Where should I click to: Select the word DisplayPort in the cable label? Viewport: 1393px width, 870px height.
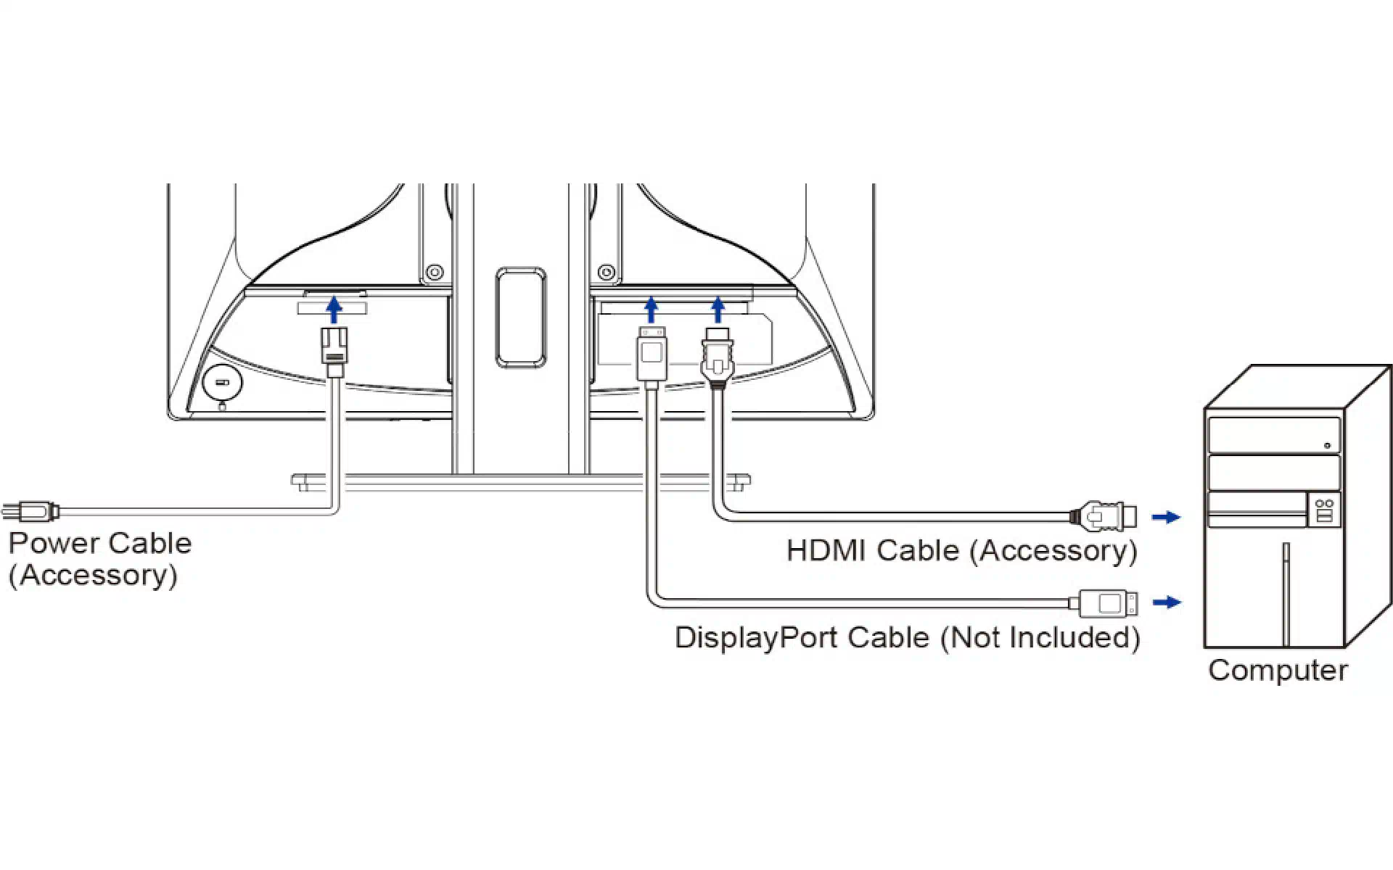click(x=757, y=638)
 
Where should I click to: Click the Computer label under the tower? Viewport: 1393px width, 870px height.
click(x=1278, y=670)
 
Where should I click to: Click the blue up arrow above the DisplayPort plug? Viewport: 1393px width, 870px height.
click(x=651, y=310)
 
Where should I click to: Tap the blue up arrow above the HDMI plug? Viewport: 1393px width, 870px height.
click(x=718, y=310)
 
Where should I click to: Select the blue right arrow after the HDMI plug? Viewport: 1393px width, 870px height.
click(x=1167, y=517)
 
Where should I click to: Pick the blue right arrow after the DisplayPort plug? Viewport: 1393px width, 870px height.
click(x=1167, y=602)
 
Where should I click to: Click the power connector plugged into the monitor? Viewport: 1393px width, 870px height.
click(x=334, y=352)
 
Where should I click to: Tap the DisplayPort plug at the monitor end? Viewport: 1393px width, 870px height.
click(x=652, y=357)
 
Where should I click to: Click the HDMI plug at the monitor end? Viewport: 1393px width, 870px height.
click(x=718, y=358)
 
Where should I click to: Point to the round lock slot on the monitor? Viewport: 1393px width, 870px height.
click(x=222, y=382)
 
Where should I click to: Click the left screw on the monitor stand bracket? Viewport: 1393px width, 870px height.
click(x=435, y=273)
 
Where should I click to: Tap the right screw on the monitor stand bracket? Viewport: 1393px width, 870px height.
click(x=607, y=273)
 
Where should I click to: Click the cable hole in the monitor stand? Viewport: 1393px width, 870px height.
click(x=521, y=317)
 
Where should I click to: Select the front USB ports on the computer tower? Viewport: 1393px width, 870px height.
click(x=1324, y=510)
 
